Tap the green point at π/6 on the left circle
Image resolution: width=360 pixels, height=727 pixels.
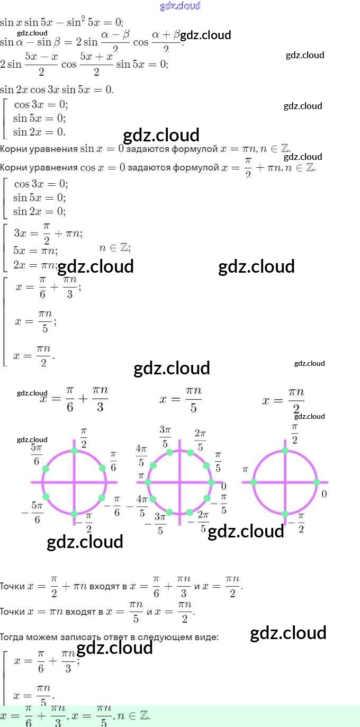(x=102, y=469)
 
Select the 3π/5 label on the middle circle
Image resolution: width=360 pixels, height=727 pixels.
(x=165, y=436)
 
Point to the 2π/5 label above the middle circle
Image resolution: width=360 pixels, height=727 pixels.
(x=200, y=439)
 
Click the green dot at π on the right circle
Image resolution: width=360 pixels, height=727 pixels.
(x=253, y=482)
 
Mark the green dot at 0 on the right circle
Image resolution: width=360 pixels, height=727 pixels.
(x=317, y=482)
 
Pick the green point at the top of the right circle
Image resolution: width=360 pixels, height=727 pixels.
(x=285, y=451)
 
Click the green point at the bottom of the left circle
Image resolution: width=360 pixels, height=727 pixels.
(x=74, y=514)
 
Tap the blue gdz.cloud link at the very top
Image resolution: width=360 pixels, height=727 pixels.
(x=180, y=6)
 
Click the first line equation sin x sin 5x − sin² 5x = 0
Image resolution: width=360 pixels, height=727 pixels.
(x=61, y=22)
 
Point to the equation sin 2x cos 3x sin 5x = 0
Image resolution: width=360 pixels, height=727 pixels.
(x=57, y=89)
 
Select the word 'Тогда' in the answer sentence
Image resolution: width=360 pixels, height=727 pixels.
(x=12, y=637)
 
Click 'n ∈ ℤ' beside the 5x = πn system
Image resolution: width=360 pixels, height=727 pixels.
(x=115, y=248)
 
